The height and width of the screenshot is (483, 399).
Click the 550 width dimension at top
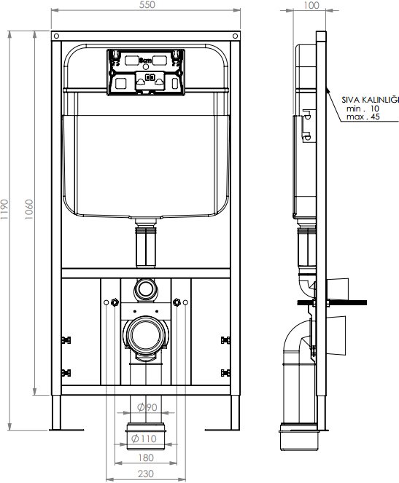pyautogui.click(x=147, y=4)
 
